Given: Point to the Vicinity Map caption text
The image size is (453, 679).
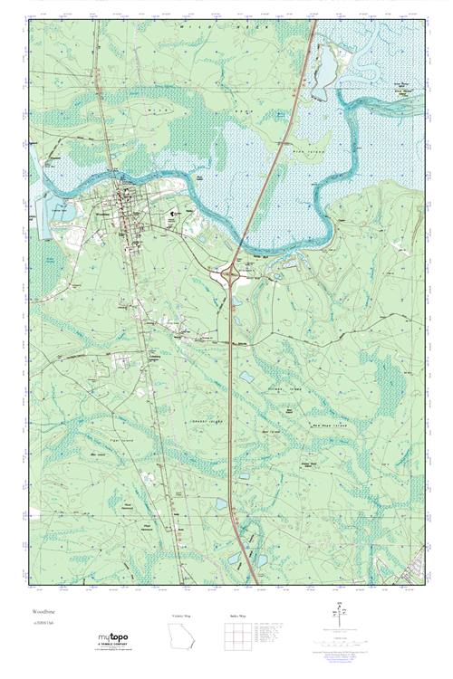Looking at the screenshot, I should (182, 616).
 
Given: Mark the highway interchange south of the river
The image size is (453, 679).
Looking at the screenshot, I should (233, 271).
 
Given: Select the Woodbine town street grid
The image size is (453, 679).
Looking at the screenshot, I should (124, 208).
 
